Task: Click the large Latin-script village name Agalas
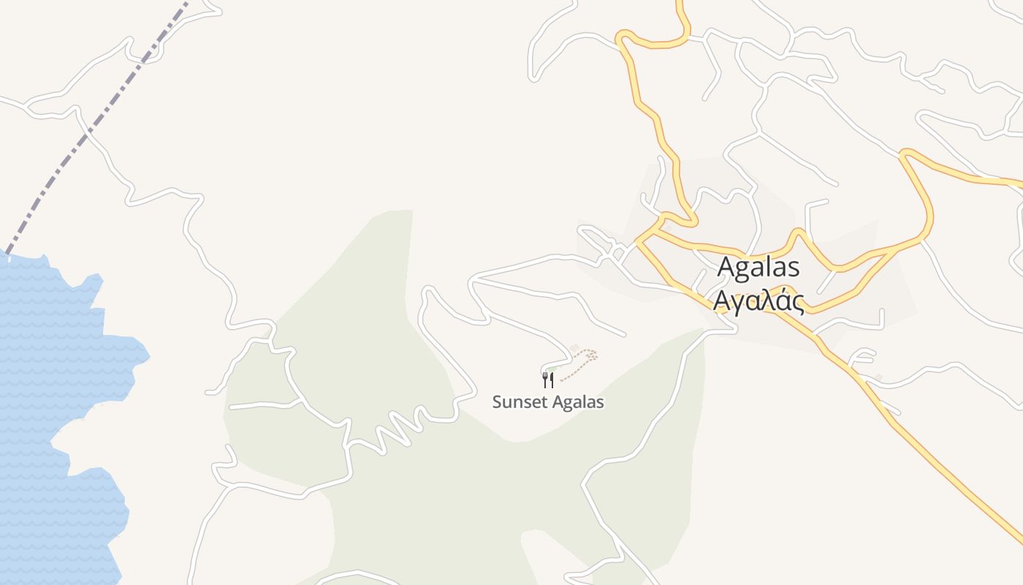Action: [758, 268]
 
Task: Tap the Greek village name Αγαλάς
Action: [758, 301]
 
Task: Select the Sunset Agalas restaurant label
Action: [548, 402]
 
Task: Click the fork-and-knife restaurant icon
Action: [548, 380]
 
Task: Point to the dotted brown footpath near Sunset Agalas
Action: [581, 363]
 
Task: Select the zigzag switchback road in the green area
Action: [395, 431]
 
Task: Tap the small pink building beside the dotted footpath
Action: [574, 348]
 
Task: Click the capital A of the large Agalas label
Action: [727, 268]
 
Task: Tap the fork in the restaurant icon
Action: [544, 379]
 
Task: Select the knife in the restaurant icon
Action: [552, 380]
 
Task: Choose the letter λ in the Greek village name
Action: [767, 301]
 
